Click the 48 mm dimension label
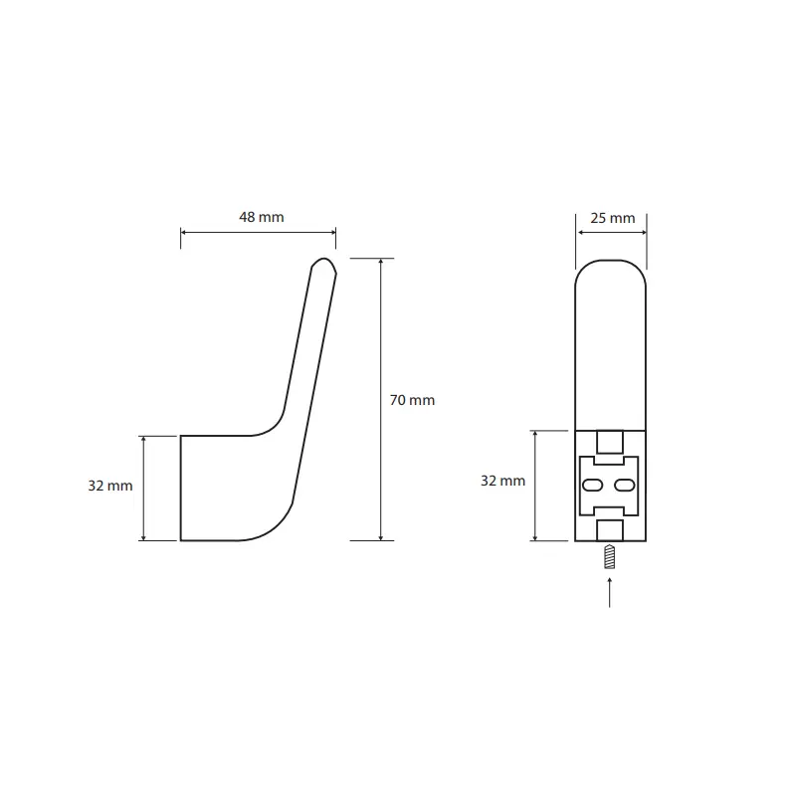click(262, 217)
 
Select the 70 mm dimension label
click(412, 400)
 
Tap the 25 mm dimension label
click(613, 218)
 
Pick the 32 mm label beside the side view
click(110, 486)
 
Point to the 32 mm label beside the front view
click(503, 481)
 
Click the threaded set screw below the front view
click(610, 556)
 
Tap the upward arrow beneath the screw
click(609, 592)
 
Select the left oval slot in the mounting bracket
click(592, 486)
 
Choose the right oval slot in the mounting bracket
click(625, 486)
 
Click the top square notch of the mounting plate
click(610, 442)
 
